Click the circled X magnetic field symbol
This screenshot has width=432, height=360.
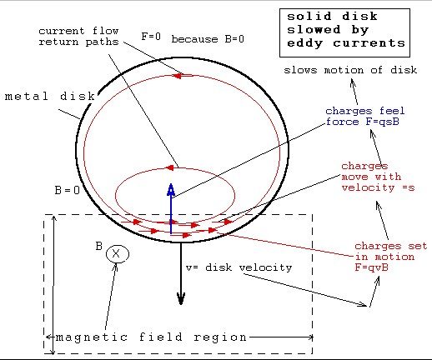pyautogui.click(x=118, y=254)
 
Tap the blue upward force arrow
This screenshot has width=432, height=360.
pyautogui.click(x=171, y=208)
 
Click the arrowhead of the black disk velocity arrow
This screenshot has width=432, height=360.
pyautogui.click(x=181, y=298)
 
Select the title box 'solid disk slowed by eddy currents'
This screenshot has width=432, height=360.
pyautogui.click(x=344, y=32)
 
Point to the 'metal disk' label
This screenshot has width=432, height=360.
pyautogui.click(x=50, y=97)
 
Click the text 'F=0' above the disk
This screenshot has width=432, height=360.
pyautogui.click(x=151, y=37)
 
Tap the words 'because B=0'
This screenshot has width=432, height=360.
pyautogui.click(x=208, y=39)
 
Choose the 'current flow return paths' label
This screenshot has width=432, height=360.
pyautogui.click(x=78, y=37)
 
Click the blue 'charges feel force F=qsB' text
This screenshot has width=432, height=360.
pyautogui.click(x=364, y=116)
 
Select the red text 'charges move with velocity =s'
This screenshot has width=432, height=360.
pyautogui.click(x=378, y=177)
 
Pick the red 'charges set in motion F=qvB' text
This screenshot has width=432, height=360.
pyautogui.click(x=390, y=257)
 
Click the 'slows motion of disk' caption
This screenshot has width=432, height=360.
pyautogui.click(x=350, y=70)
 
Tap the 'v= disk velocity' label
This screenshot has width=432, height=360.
pyautogui.click(x=239, y=267)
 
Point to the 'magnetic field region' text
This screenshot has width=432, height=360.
pyautogui.click(x=151, y=337)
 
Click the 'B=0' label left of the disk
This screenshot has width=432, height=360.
pyautogui.click(x=68, y=190)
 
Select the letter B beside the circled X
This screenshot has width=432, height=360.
pyautogui.click(x=99, y=246)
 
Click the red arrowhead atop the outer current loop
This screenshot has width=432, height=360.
pyautogui.click(x=177, y=76)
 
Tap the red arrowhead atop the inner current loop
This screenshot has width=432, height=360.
pyautogui.click(x=169, y=167)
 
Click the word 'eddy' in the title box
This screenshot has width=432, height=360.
pyautogui.click(x=304, y=43)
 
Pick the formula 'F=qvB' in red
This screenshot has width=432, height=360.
pyautogui.click(x=371, y=267)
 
